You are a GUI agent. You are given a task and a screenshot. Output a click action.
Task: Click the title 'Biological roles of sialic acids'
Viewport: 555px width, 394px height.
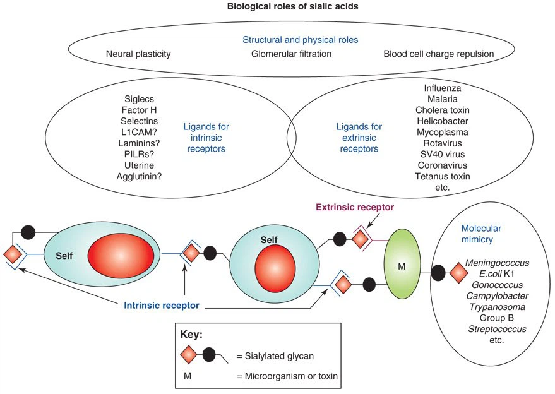pos(278,8)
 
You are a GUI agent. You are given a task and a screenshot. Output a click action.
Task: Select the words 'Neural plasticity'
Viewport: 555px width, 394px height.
pos(138,54)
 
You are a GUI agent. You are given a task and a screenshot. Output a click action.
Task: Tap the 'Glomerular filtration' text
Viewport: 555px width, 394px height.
pos(291,54)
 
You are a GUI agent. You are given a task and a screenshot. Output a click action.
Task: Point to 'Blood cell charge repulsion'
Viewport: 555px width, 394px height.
pos(438,54)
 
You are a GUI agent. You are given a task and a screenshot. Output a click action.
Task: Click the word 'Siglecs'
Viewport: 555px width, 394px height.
pos(140,99)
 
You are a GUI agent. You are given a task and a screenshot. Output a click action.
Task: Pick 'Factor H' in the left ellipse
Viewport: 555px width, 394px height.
pos(140,110)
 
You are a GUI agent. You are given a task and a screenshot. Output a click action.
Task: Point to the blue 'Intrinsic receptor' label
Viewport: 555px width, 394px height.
pos(162,306)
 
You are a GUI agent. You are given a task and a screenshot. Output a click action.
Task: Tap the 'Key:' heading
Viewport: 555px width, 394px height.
pos(192,335)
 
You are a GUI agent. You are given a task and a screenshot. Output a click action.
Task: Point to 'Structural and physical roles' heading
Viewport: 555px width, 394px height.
pos(290,39)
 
